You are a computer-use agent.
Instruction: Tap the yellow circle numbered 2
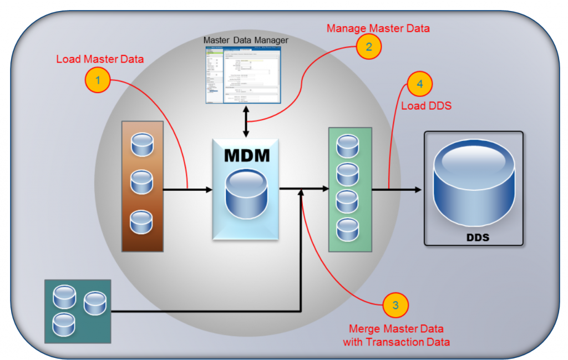[368, 47]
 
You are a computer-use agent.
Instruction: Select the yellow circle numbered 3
[395, 305]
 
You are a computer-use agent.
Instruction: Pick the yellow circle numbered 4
[419, 84]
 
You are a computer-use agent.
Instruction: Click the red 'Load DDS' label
[425, 105]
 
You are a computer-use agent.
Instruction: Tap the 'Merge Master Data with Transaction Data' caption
[395, 335]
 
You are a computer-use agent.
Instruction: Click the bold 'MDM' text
[247, 155]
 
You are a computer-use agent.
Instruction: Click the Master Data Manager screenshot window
[243, 74]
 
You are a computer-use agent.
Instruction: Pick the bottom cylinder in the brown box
[142, 221]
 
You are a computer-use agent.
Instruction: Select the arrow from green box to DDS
[396, 190]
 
